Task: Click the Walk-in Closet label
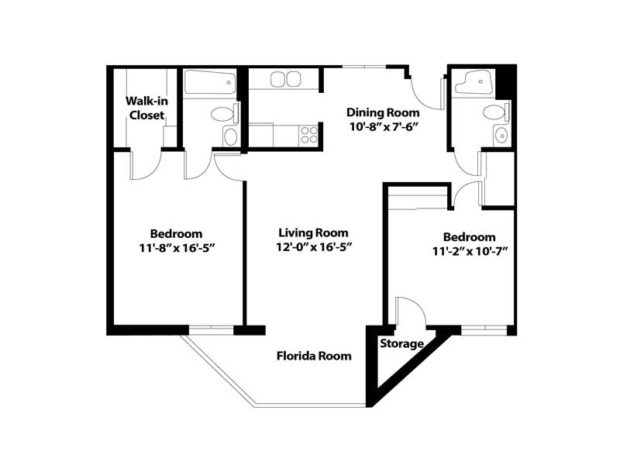146,108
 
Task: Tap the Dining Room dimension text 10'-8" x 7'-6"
384,127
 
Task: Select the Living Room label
314,232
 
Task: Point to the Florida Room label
314,356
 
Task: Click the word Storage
401,343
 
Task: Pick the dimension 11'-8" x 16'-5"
177,248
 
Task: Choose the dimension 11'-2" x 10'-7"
470,251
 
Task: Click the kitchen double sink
285,79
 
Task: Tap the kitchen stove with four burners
308,134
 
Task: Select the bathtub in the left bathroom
210,82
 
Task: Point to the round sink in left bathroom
230,137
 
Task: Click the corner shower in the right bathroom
474,82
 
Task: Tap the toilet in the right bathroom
496,112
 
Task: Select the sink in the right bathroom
501,136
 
